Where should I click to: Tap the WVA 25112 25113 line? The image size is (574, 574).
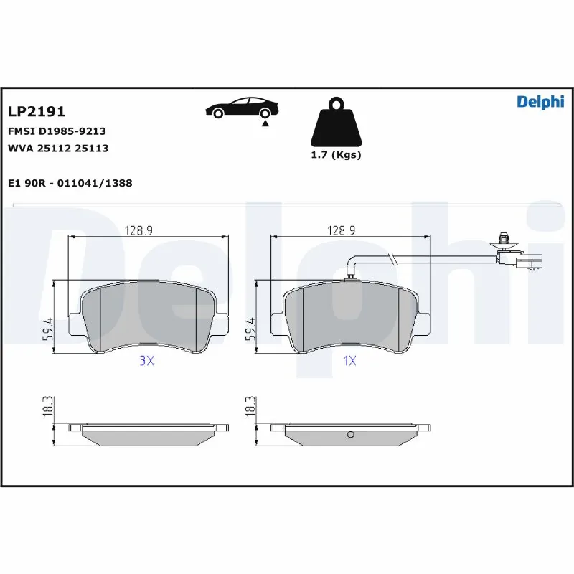(57, 149)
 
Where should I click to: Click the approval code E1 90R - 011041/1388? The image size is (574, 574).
(70, 183)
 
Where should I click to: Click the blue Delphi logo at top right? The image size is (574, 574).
(540, 103)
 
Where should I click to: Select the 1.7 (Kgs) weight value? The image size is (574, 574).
(335, 154)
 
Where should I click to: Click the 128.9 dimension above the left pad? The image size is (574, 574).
(141, 230)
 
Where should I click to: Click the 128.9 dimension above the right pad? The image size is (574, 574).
(342, 230)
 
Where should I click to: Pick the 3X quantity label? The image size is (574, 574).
(146, 362)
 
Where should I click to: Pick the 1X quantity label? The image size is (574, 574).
(349, 362)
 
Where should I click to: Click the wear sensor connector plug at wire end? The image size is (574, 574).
(528, 263)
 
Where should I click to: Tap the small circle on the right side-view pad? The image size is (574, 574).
(349, 433)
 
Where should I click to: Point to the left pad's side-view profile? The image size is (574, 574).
(149, 431)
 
